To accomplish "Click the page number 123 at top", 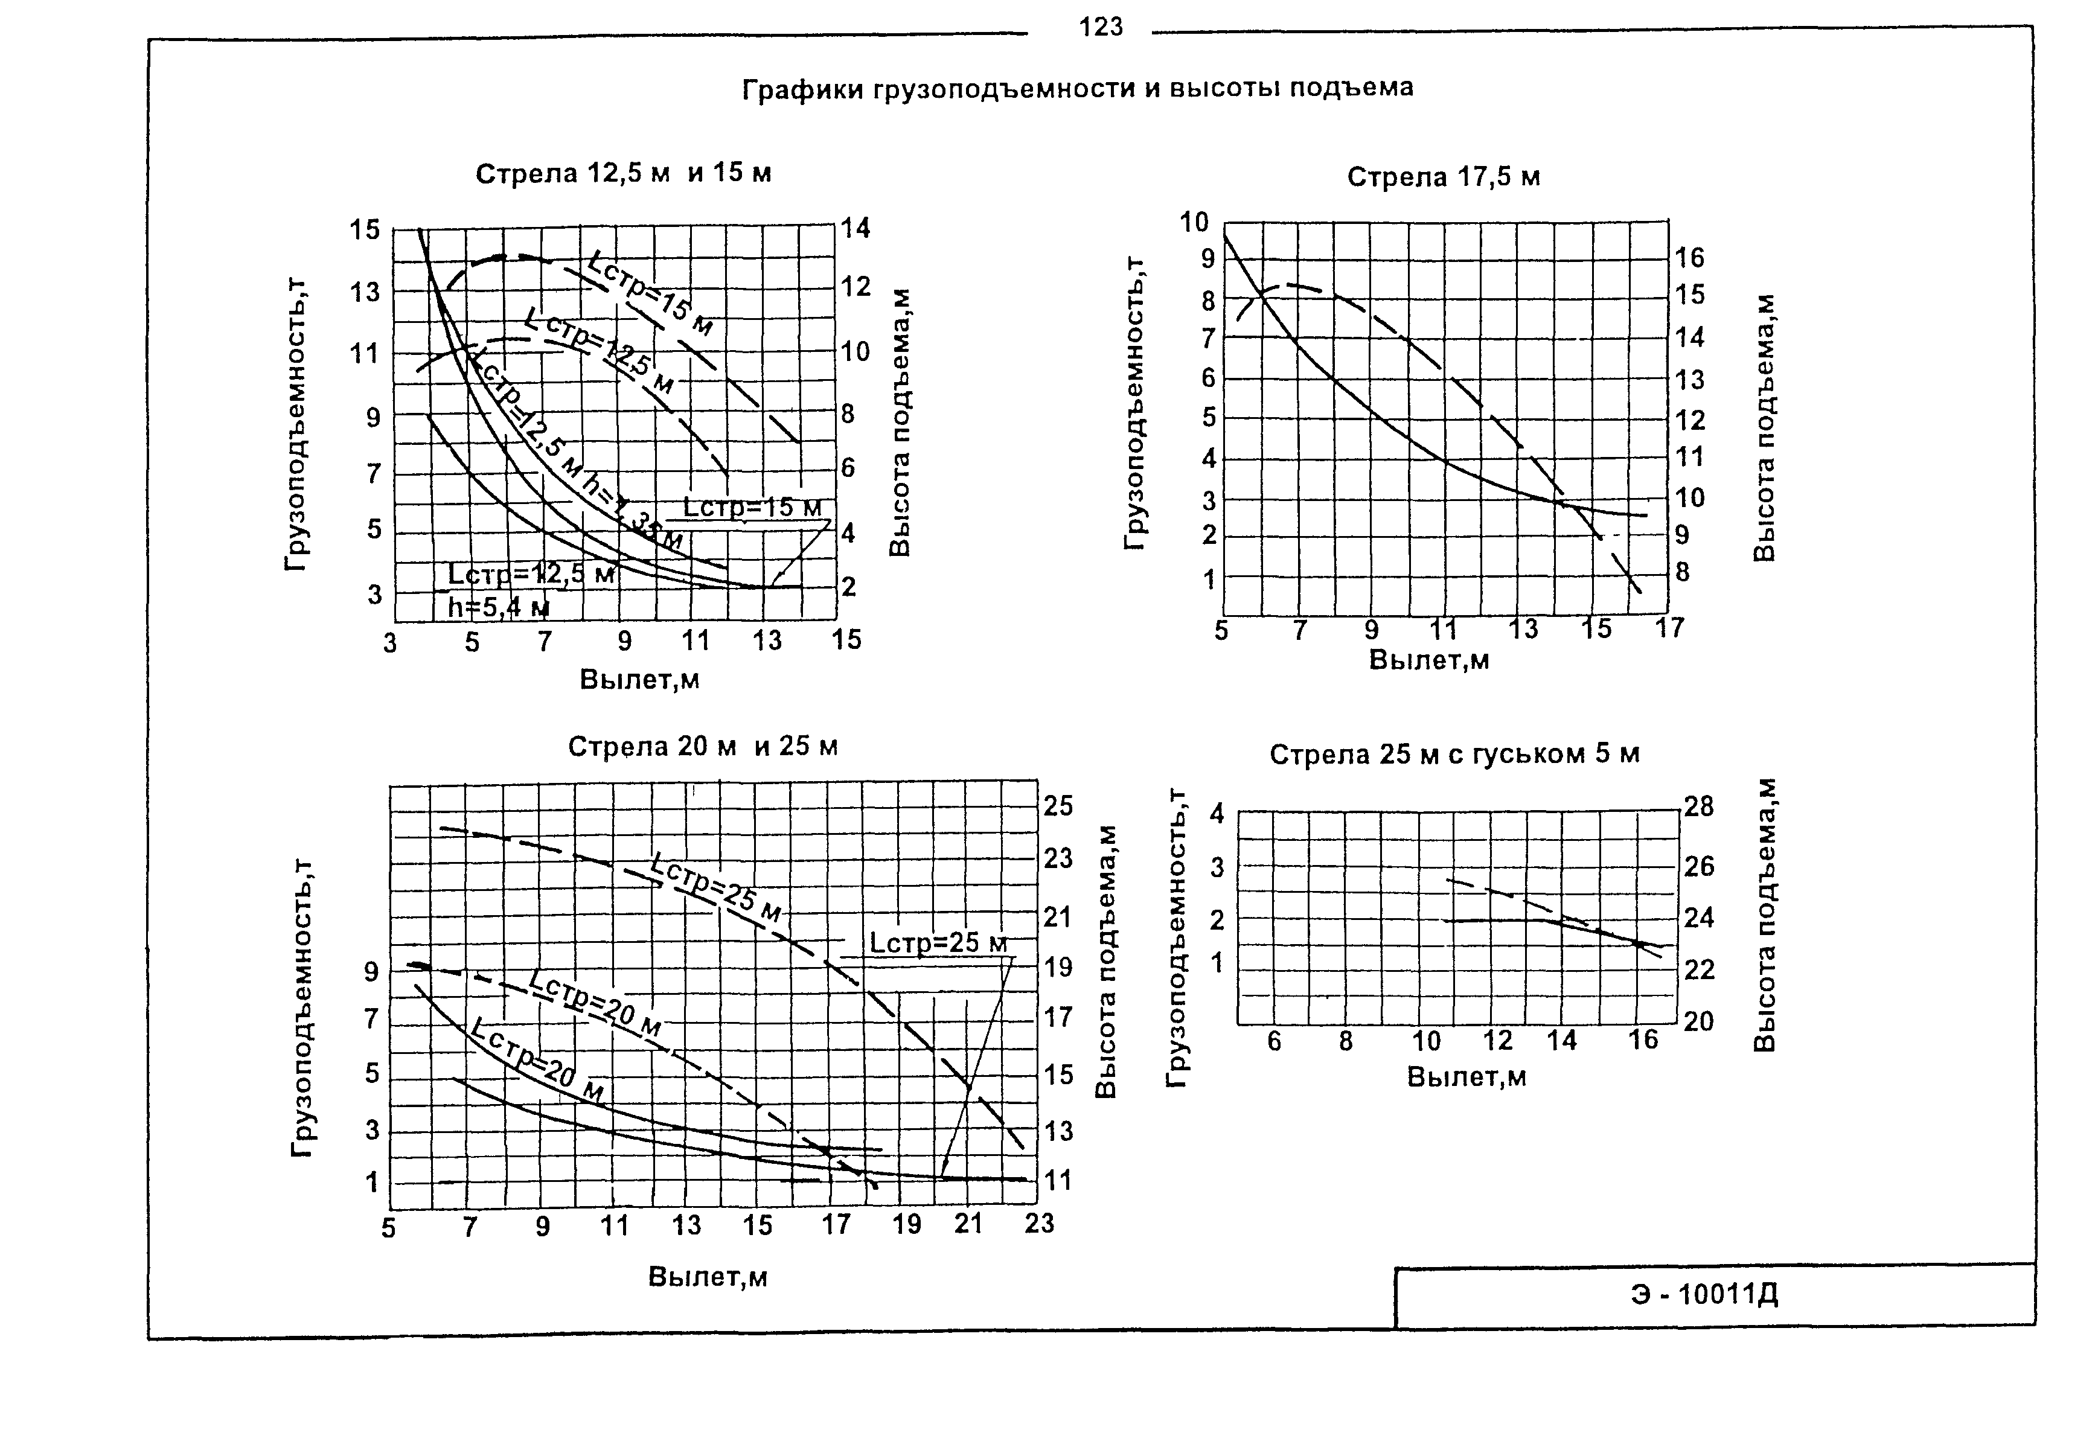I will click(x=1101, y=27).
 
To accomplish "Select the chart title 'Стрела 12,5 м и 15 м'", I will click(x=623, y=173).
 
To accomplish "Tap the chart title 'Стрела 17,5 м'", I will click(x=1444, y=177).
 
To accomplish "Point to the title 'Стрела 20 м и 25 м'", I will click(x=703, y=747).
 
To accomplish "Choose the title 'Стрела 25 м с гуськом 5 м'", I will click(x=1454, y=755).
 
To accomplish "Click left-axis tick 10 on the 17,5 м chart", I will click(x=1194, y=222).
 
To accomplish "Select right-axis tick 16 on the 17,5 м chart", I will click(x=1689, y=258).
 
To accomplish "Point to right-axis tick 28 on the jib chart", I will click(x=1698, y=807).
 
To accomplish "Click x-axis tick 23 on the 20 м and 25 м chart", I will click(x=1038, y=1224).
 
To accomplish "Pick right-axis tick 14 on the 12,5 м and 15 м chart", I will click(x=855, y=228).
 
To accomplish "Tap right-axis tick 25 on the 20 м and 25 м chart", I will click(x=1058, y=806).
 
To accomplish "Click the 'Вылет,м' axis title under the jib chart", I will click(x=1466, y=1078).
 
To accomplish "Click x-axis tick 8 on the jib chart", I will click(x=1345, y=1041).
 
